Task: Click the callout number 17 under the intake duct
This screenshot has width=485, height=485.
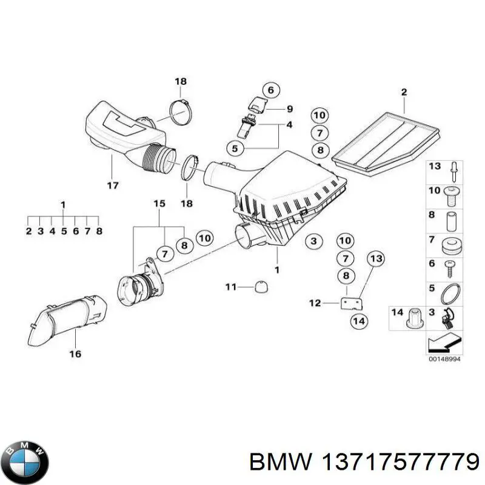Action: [113, 186]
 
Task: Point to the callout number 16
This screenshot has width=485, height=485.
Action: [75, 354]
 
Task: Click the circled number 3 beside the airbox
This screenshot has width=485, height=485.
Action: [313, 242]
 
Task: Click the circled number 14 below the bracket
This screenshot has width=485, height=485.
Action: [360, 321]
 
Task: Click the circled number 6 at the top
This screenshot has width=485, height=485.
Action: [271, 90]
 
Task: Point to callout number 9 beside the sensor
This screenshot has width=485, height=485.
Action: [289, 109]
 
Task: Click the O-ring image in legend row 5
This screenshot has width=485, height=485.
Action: [450, 293]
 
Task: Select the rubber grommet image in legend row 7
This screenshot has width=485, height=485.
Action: [450, 246]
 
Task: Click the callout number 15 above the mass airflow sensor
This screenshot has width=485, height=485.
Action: [158, 204]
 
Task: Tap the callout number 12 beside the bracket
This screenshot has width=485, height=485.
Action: [314, 303]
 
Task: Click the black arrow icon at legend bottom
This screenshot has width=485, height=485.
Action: [442, 343]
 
